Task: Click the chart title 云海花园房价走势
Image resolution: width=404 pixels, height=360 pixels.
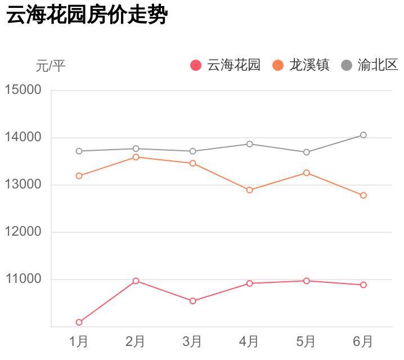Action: pos(87,15)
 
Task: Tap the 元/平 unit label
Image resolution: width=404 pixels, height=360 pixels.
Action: pos(51,66)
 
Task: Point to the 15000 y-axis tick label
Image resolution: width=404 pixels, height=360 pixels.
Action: pos(23,90)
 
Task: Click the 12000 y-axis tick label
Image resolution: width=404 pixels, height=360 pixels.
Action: pos(23,232)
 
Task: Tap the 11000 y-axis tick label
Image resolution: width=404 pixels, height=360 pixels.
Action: pos(23,279)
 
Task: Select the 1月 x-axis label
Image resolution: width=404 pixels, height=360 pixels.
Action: pos(79,341)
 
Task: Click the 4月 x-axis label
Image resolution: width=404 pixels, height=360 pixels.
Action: pos(249,341)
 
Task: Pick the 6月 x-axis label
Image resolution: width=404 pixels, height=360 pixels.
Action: pos(363,341)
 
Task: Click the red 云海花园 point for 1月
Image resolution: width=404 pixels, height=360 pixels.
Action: pos(79,322)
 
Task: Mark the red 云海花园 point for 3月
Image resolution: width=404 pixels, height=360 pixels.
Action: pos(192,301)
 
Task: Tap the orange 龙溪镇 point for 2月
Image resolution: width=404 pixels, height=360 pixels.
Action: pos(136,157)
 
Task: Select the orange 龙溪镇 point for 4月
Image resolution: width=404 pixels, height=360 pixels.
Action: pos(249,190)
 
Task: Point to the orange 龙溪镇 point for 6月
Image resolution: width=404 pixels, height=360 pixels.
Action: pos(363,195)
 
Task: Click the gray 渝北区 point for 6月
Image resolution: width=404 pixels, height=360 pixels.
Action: pos(363,135)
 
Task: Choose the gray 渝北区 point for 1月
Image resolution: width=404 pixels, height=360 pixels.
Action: pos(79,151)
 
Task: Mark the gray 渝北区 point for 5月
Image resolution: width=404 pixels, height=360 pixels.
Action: pos(306,152)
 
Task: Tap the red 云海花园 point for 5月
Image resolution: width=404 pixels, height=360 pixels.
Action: pos(306,281)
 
